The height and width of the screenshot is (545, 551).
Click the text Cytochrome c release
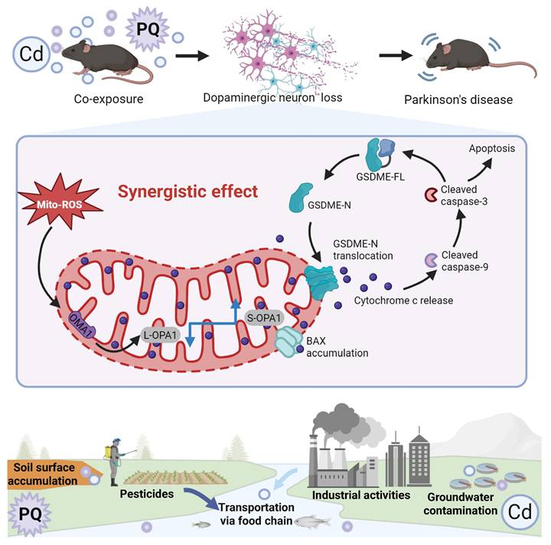click(403, 300)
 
